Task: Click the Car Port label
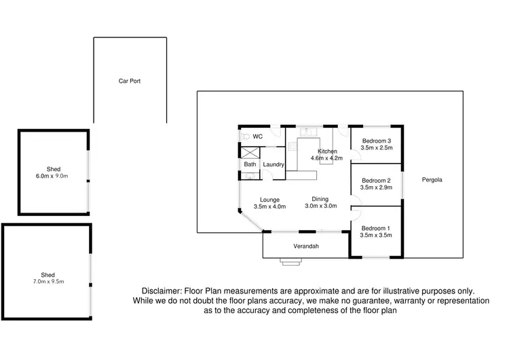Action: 130,81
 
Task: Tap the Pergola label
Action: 432,180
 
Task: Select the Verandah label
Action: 306,246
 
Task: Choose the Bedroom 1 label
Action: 377,228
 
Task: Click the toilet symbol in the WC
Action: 245,136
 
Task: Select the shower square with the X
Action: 250,154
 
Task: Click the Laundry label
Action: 273,164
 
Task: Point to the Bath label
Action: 250,164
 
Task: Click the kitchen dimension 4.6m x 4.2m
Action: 326,158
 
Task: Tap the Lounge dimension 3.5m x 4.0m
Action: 267,206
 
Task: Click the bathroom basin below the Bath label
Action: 248,176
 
